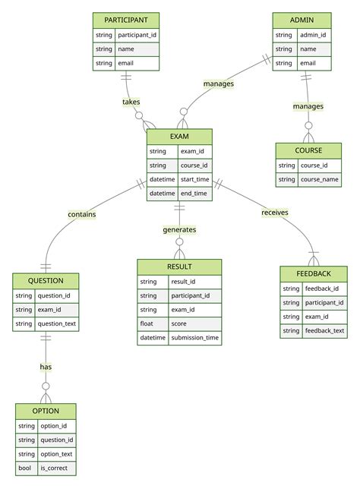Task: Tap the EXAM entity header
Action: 179,137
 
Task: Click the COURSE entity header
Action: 308,150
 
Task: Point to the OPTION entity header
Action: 46,412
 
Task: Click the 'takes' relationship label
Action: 131,102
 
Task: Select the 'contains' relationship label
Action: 82,214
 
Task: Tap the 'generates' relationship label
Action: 179,229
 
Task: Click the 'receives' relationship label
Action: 275,213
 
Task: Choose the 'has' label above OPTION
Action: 46,367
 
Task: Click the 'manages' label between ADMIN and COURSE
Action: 308,106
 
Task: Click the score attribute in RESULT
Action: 180,323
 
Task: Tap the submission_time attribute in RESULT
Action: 194,338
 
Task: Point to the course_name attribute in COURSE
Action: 319,180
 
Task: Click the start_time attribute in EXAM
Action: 194,180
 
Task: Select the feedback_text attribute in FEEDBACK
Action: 324,331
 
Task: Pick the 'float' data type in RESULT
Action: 147,323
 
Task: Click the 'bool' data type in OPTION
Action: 26,468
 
